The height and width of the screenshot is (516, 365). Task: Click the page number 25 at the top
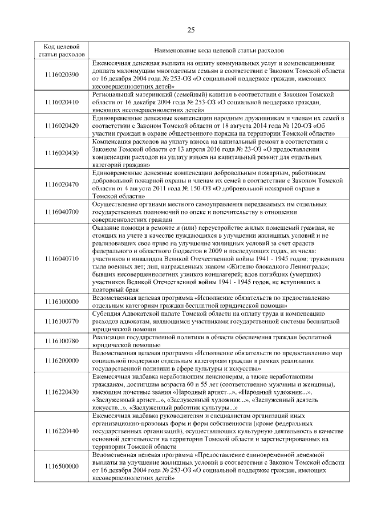coord(191,30)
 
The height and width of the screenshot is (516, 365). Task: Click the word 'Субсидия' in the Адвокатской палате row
coord(106,314)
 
